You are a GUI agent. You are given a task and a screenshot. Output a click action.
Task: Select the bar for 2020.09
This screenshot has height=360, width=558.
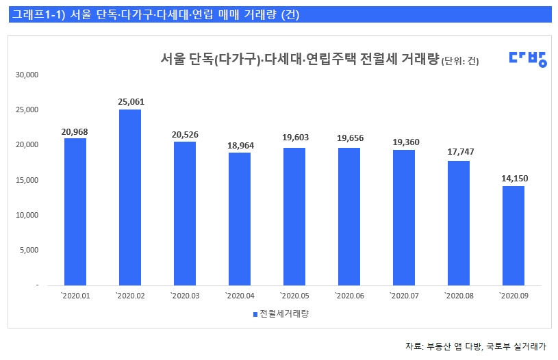pyautogui.click(x=513, y=235)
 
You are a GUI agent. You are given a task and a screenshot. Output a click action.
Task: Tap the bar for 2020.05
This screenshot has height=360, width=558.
pyautogui.click(x=294, y=216)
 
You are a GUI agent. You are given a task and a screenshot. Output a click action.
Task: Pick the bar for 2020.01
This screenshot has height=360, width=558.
pyautogui.click(x=75, y=211)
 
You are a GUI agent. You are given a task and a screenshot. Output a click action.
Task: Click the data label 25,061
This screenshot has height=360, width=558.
pyautogui.click(x=131, y=102)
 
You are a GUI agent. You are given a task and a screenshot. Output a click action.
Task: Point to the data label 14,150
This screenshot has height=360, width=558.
pyautogui.click(x=513, y=179)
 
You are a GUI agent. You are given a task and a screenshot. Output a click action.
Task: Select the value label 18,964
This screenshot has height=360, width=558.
pyautogui.click(x=240, y=145)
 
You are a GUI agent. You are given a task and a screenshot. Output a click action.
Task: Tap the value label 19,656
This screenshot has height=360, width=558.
pyautogui.click(x=349, y=138)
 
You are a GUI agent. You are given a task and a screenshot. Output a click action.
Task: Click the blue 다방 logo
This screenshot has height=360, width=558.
pyautogui.click(x=527, y=59)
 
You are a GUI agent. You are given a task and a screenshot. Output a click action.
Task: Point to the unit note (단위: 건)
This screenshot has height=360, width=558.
pyautogui.click(x=460, y=62)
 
